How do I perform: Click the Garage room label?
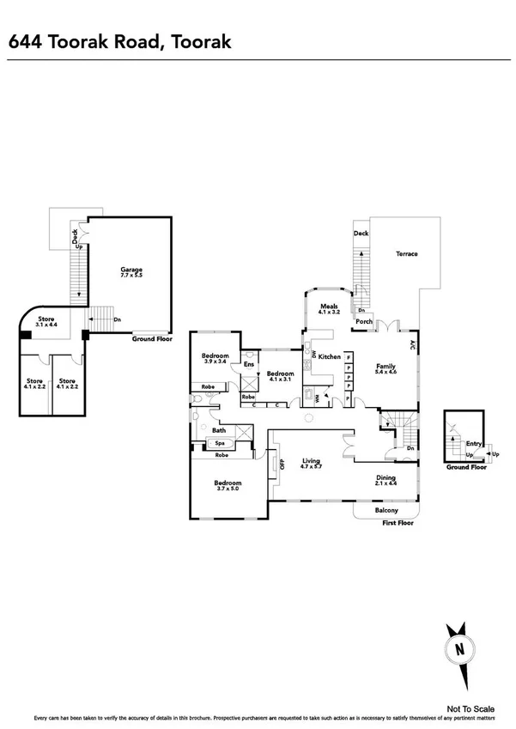click(131, 270)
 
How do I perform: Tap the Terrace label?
click(407, 253)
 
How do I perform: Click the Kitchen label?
click(331, 355)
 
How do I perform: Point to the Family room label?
click(386, 367)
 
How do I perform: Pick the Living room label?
click(311, 462)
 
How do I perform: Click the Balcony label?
click(386, 511)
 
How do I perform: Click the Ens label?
click(248, 365)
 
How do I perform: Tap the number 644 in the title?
click(25, 40)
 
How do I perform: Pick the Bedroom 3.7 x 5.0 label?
click(228, 485)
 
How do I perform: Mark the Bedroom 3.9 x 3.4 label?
click(216, 359)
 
